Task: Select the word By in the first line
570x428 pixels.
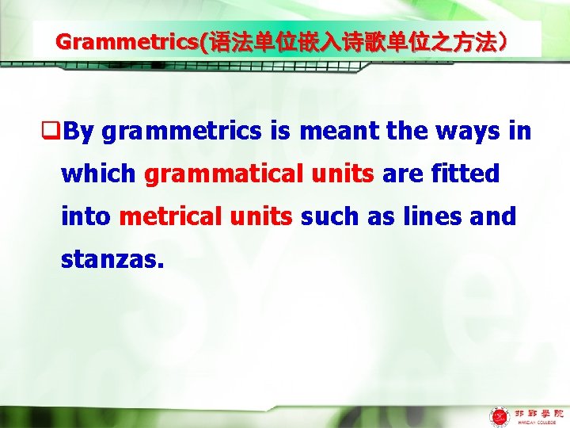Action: (79, 132)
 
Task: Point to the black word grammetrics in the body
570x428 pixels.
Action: (181, 132)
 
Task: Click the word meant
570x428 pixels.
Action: (340, 132)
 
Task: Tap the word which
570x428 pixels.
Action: (100, 174)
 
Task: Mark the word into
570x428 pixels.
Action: (86, 216)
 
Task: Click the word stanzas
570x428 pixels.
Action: (112, 258)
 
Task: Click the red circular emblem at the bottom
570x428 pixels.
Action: (500, 415)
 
